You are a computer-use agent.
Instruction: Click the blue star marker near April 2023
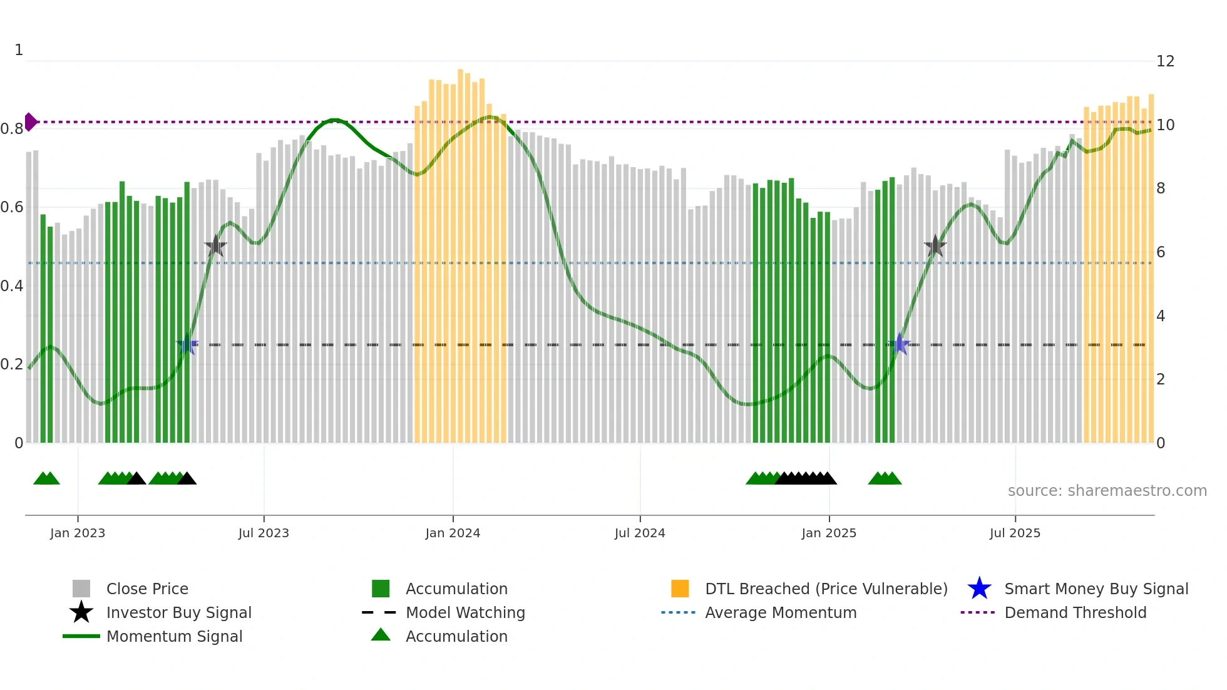pyautogui.click(x=187, y=344)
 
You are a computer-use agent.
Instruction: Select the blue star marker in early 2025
pyautogui.click(x=900, y=344)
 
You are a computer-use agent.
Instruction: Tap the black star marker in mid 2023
pyautogui.click(x=215, y=246)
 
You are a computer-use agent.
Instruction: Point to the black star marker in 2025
pyautogui.click(x=935, y=246)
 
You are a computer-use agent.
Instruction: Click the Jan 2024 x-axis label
pyautogui.click(x=453, y=533)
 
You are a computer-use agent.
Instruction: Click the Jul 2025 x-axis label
pyautogui.click(x=1015, y=533)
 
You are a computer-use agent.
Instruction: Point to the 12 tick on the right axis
pyautogui.click(x=1165, y=61)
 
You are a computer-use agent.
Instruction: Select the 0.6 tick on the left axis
pyautogui.click(x=12, y=207)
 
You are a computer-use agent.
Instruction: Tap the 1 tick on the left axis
pyautogui.click(x=19, y=50)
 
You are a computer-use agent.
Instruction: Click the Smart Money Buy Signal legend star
pyautogui.click(x=979, y=589)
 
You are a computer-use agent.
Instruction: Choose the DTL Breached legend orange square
pyautogui.click(x=680, y=589)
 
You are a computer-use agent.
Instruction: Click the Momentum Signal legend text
pyautogui.click(x=174, y=636)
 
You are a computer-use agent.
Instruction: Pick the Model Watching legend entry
pyautogui.click(x=465, y=612)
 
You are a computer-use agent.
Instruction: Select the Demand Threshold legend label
pyautogui.click(x=1075, y=612)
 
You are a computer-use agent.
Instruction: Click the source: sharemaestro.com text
pyautogui.click(x=1107, y=491)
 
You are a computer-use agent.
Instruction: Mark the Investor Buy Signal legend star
pyautogui.click(x=81, y=612)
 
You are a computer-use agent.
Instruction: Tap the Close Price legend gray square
pyautogui.click(x=81, y=589)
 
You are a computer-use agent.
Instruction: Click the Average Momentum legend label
pyautogui.click(x=781, y=612)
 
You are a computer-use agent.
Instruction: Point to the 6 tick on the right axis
pyautogui.click(x=1161, y=252)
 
